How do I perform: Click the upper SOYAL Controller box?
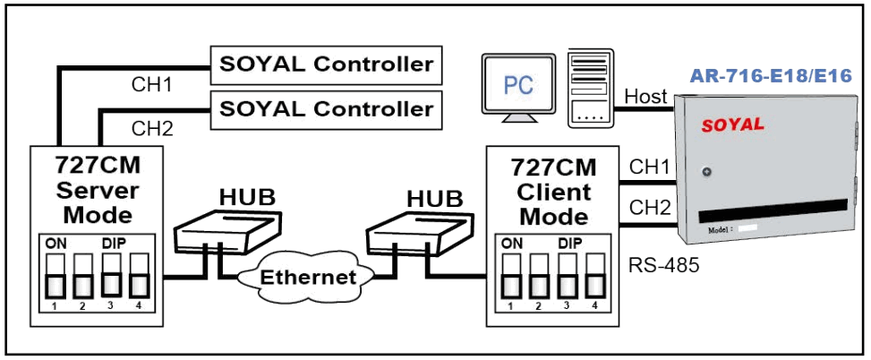tap(326, 64)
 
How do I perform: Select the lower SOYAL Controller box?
tap(326, 108)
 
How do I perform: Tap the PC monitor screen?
tap(517, 85)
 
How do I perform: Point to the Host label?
tap(645, 95)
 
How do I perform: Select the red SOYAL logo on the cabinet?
tap(731, 124)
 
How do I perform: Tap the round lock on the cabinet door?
tap(706, 172)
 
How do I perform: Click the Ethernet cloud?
tap(306, 277)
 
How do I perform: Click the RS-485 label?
tap(662, 266)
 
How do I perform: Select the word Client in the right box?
tap(551, 193)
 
